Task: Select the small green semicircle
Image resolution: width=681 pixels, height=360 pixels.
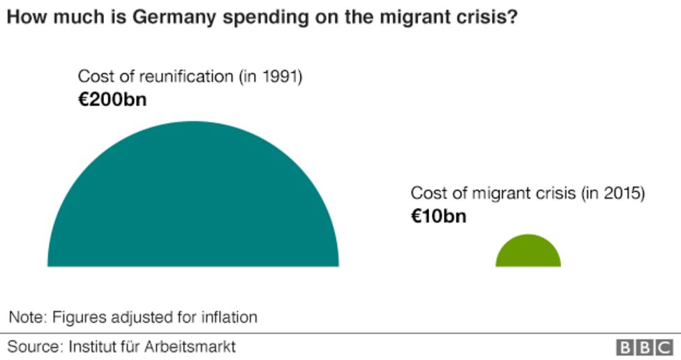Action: pos(528,253)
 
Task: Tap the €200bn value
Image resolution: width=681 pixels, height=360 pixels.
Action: pos(112,99)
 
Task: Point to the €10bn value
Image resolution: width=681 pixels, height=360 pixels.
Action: pos(438,216)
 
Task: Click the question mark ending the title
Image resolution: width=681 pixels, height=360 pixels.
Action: pos(512,17)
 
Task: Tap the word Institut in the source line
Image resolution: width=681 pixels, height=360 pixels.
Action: pos(92,346)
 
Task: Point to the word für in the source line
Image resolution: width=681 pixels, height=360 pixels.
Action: pos(130,346)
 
